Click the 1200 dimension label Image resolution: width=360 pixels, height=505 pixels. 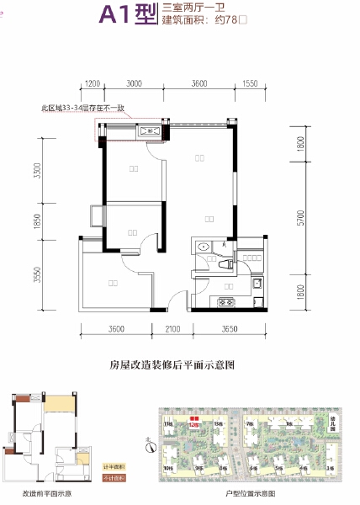point(93,83)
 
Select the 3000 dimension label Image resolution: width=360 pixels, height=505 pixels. point(133,83)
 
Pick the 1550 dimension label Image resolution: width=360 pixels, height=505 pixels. point(249,83)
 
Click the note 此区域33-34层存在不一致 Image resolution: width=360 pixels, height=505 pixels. point(83,108)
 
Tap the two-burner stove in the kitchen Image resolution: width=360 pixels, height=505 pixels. point(226,301)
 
